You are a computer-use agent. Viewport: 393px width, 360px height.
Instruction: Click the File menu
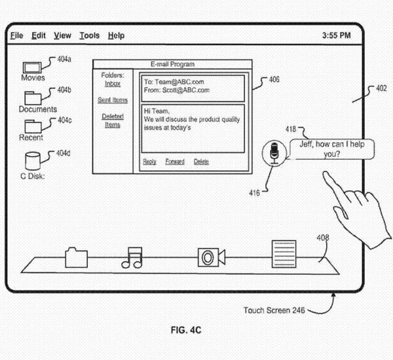click(16, 35)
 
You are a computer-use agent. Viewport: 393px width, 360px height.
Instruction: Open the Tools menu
click(89, 35)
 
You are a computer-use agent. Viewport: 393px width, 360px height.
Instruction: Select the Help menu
click(116, 35)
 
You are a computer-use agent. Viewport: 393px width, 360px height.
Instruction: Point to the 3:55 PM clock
click(337, 35)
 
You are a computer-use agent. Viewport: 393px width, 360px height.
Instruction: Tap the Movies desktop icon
click(31, 67)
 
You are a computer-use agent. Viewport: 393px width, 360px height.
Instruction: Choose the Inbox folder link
click(113, 84)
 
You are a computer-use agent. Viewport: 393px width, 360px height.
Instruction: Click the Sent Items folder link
click(113, 100)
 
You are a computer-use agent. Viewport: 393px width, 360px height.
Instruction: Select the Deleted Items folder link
click(113, 120)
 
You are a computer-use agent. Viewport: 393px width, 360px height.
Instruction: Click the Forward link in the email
click(175, 162)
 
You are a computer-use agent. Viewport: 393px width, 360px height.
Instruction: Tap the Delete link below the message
click(201, 162)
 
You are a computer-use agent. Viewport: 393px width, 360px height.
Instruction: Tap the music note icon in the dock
click(132, 257)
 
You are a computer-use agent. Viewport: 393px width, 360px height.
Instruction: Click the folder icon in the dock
click(77, 257)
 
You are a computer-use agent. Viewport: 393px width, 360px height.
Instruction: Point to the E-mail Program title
click(172, 64)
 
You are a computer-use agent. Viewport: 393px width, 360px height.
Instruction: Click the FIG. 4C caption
click(187, 331)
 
